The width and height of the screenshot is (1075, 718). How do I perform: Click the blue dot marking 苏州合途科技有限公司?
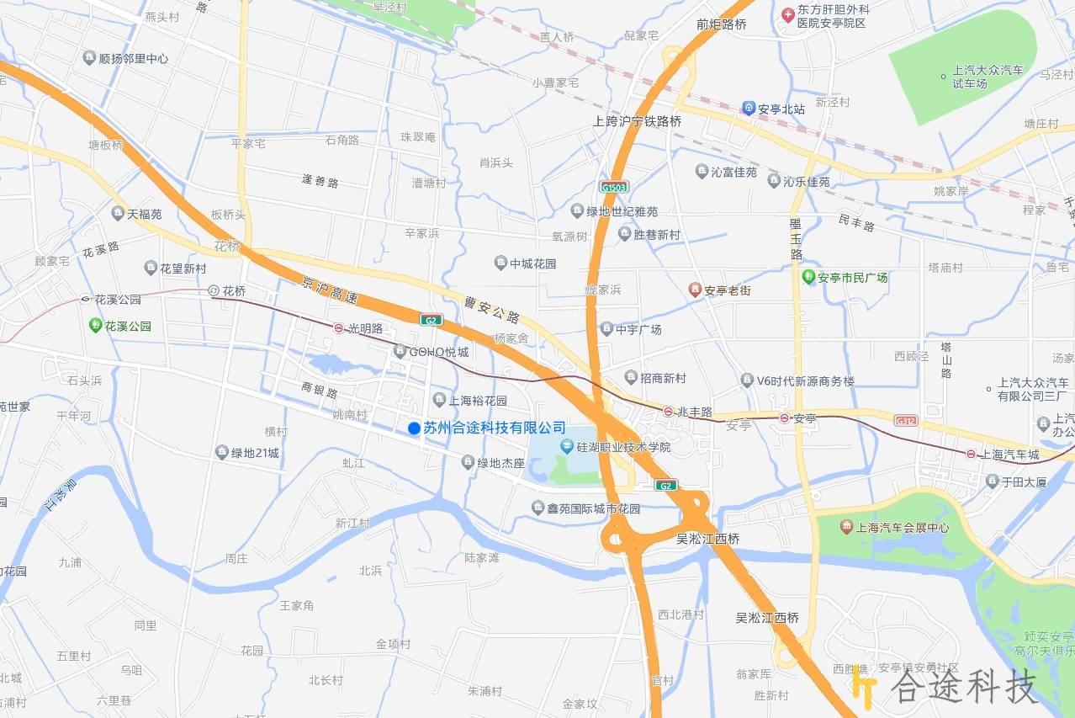coord(414,428)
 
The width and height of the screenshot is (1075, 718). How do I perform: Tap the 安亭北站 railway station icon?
coord(748,109)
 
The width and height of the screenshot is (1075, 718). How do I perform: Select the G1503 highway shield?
coord(614,187)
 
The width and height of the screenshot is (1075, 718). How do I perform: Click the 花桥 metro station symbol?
coord(214,290)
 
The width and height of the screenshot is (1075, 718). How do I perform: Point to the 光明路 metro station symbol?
coord(338,328)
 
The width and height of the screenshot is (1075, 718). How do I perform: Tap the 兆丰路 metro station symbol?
coord(667,412)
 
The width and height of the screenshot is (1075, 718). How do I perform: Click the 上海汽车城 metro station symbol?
coord(971,454)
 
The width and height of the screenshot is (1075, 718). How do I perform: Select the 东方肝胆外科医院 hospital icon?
coord(788,14)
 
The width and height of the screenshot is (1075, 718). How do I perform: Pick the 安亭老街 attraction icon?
coord(694,290)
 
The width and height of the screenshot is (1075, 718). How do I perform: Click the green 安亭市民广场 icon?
coord(808,277)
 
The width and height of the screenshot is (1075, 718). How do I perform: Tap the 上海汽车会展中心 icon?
coord(846,527)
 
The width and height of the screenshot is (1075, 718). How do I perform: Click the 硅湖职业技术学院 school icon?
coord(567,446)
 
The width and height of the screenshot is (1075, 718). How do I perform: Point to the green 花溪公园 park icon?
coord(96,325)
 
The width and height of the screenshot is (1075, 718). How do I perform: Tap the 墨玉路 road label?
coord(796,239)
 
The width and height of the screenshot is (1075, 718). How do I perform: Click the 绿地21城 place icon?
coord(222,453)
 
